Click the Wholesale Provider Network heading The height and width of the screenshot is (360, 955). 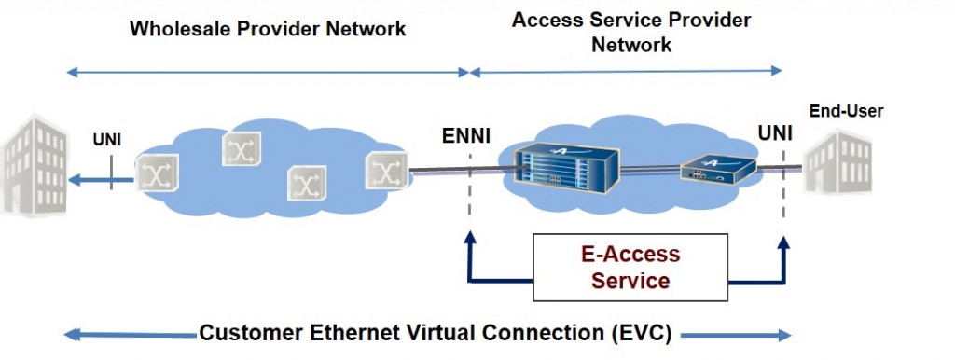[268, 28]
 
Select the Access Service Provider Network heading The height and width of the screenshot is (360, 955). [631, 32]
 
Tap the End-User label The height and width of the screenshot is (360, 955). [846, 112]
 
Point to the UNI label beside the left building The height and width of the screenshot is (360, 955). [106, 141]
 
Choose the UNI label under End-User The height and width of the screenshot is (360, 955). [775, 133]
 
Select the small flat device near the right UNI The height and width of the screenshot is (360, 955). [716, 170]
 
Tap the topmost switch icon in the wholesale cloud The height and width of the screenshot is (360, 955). [241, 148]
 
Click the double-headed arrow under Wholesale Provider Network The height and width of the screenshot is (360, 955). [268, 71]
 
